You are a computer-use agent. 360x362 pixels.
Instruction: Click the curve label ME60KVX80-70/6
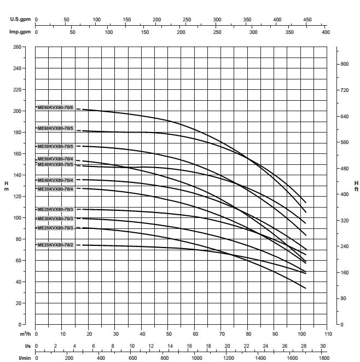[x=55, y=107]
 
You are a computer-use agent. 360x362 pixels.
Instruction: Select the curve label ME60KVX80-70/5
[x=55, y=128]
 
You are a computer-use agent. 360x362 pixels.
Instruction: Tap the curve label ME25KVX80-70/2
[x=55, y=245]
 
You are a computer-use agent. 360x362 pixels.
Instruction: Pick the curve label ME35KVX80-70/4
[x=55, y=189]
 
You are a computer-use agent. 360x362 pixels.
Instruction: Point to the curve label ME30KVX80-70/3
[x=55, y=219]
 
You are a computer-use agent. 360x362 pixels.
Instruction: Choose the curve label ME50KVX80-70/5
[x=55, y=146]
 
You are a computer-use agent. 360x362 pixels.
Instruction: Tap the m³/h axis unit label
[x=24, y=334]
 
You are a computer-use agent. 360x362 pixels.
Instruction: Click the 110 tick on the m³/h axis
[x=328, y=334]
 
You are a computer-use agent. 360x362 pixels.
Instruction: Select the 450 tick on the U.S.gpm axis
[x=307, y=19]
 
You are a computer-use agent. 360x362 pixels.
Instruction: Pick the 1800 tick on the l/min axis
[x=324, y=358]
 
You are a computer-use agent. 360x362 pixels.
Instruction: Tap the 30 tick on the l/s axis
[x=323, y=346]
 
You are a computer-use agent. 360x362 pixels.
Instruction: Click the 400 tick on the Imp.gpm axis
[x=326, y=32]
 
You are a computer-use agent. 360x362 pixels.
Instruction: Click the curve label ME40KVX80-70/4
[x=55, y=180]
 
